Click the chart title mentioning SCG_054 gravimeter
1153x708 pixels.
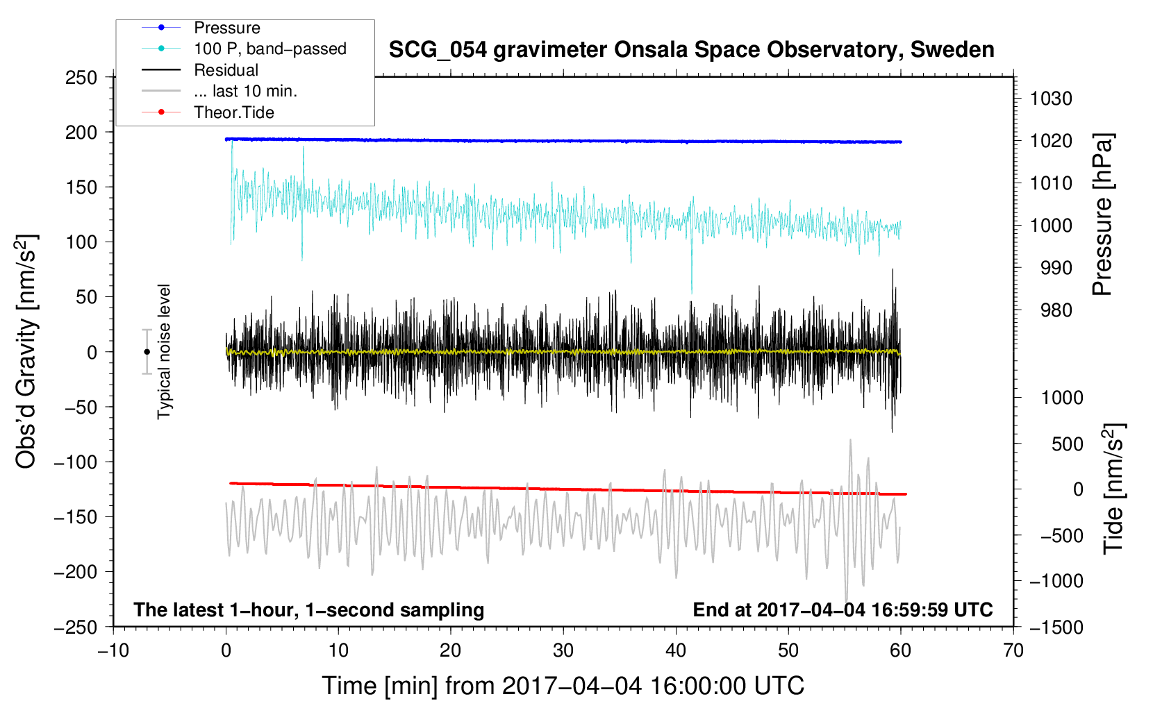[691, 50]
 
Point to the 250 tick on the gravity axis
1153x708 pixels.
[81, 78]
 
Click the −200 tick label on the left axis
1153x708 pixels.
[76, 572]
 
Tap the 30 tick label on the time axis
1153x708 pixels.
[563, 650]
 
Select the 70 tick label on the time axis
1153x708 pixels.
[1013, 650]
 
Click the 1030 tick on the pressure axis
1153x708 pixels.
[1051, 99]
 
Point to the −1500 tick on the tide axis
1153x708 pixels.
[1056, 627]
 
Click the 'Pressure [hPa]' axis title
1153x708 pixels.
[1103, 214]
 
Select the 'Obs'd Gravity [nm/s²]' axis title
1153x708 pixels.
[26, 352]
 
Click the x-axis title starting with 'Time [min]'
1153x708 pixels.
[563, 686]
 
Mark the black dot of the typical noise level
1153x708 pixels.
[147, 352]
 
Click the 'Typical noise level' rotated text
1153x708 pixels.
[164, 352]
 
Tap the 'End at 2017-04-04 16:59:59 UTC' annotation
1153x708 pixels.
[843, 609]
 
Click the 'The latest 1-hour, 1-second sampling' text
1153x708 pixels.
[309, 610]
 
